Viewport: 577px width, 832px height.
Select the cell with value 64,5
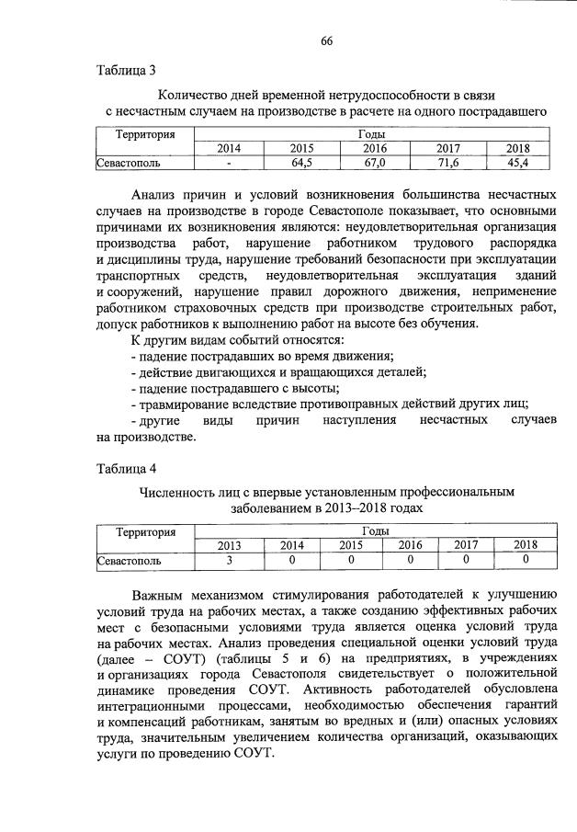pos(301,163)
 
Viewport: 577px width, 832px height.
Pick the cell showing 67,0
pos(374,163)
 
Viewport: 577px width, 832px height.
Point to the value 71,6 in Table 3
pos(447,163)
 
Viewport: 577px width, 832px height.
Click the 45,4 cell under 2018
pos(517,163)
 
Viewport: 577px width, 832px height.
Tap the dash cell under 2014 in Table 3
pos(229,163)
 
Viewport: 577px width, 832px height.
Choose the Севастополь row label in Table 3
pos(130,163)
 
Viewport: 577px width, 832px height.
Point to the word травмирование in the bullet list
pos(180,404)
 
